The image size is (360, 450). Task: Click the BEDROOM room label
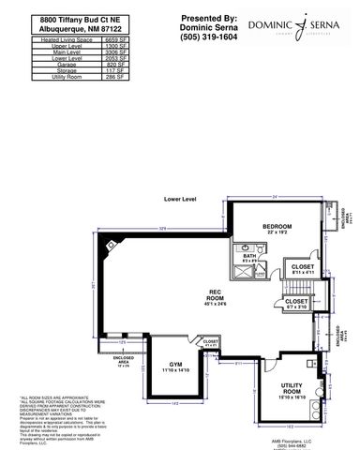coord(277,226)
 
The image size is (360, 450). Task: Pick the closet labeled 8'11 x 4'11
coord(302,266)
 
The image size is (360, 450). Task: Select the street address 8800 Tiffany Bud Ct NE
coord(63,19)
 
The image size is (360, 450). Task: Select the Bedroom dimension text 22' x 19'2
coord(277,232)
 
